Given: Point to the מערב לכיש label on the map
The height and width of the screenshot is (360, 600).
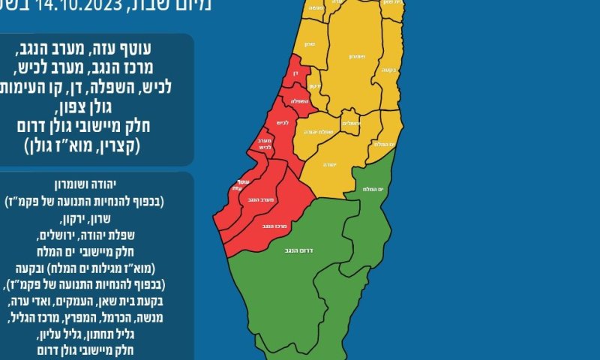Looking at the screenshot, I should point(264,148).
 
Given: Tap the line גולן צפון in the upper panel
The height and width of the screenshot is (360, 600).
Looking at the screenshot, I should point(97,106).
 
